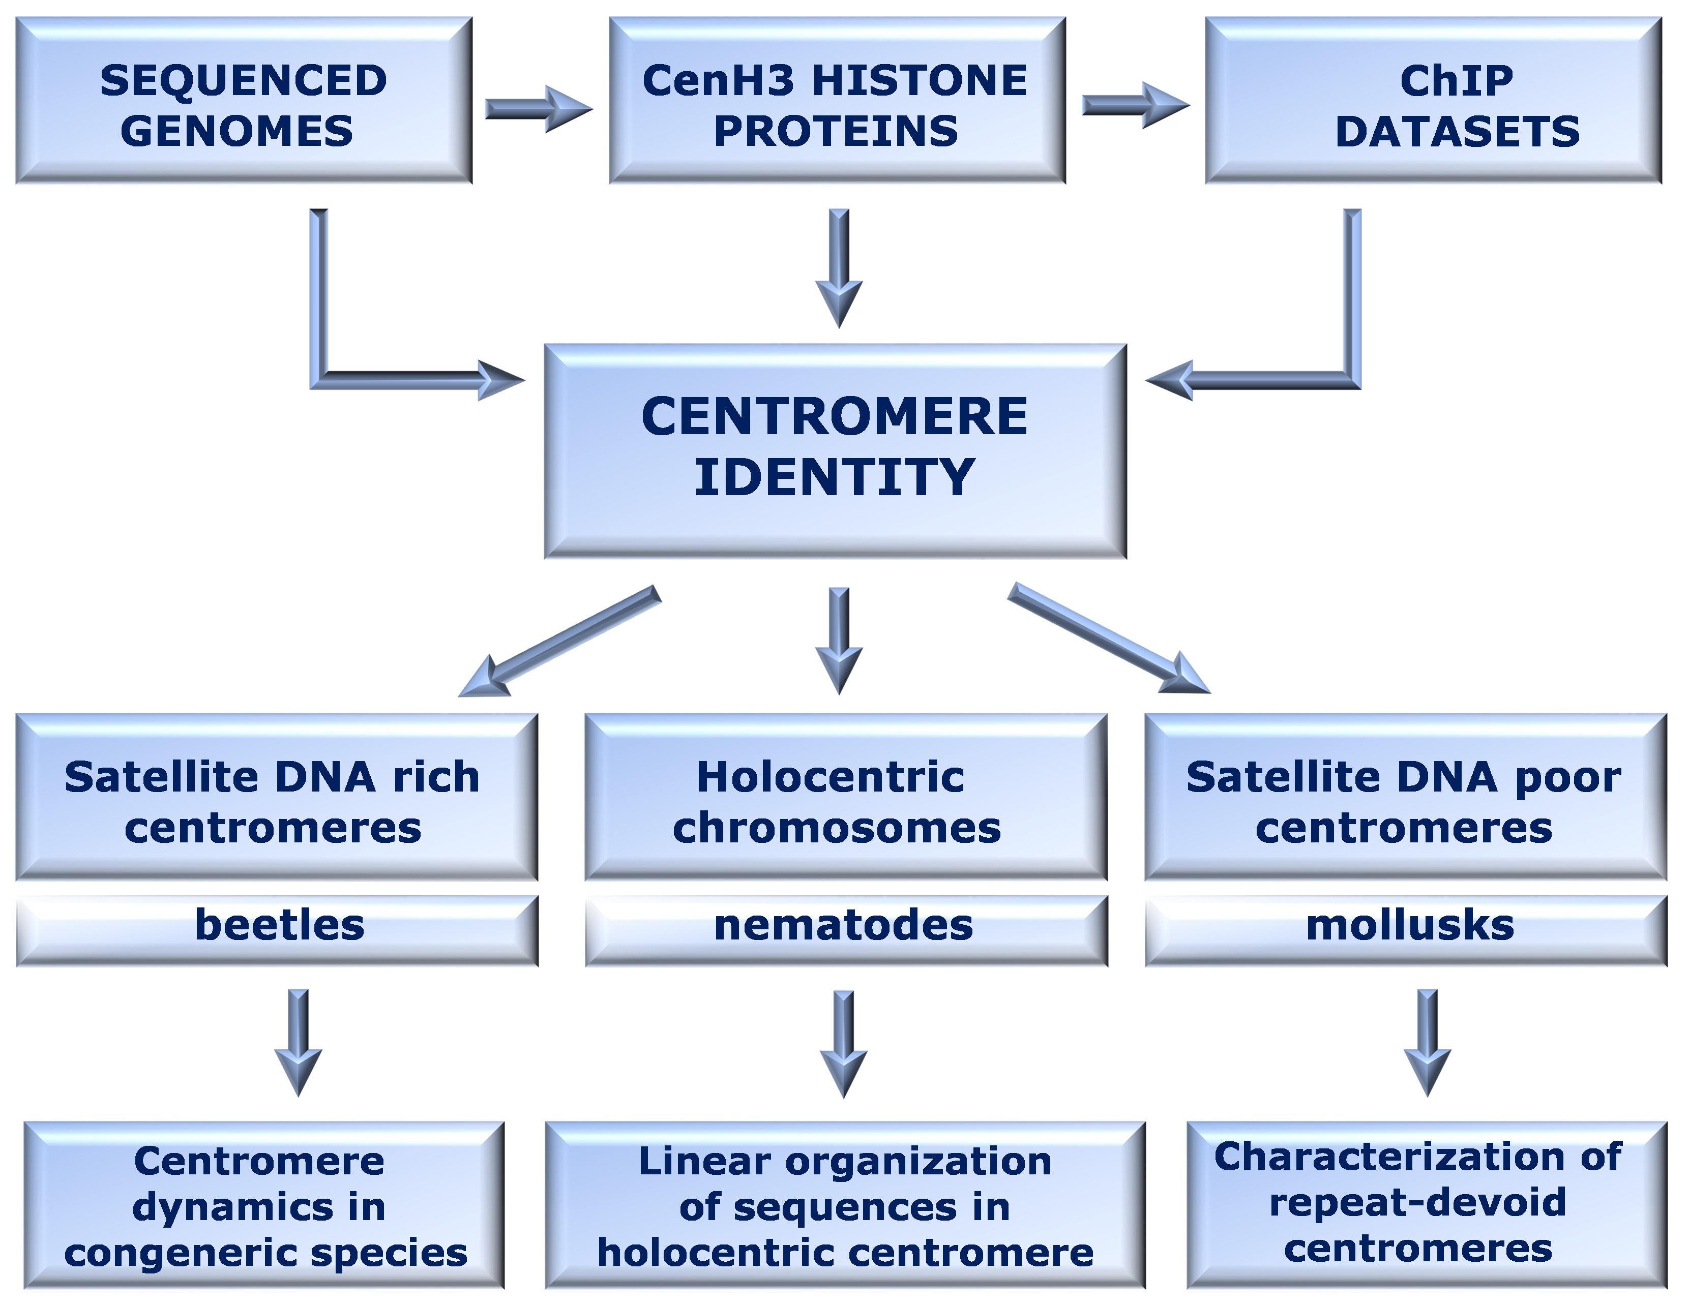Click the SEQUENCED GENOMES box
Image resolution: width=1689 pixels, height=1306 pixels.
coord(244,101)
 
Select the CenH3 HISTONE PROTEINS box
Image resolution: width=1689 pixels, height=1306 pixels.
coord(837,101)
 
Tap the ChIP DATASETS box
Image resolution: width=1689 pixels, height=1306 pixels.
coord(1433,101)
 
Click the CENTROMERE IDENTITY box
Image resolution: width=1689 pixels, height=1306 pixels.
coord(835,451)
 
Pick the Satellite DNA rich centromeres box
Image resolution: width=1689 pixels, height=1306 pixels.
coord(276,797)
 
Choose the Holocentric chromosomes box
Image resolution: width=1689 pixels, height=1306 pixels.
coord(845,797)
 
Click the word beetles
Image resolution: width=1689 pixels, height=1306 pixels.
coord(279,925)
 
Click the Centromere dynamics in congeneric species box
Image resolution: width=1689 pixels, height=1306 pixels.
coord(264,1206)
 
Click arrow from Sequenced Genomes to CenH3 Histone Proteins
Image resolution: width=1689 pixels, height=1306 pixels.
coord(538,109)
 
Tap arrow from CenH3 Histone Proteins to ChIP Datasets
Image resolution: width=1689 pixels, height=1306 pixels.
coord(1135,105)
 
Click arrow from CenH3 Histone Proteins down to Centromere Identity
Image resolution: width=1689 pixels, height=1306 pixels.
coord(839,267)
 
